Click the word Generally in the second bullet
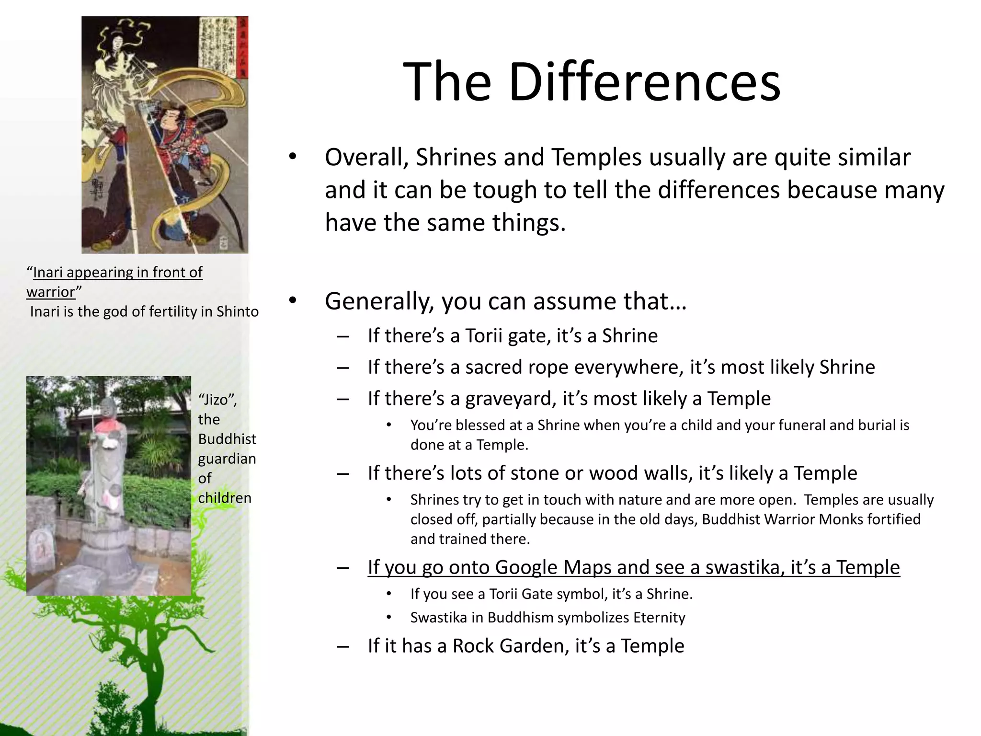(x=379, y=301)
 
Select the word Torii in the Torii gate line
(x=484, y=336)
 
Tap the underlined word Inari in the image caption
(x=47, y=272)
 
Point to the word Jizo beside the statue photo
(x=216, y=400)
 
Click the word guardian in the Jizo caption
(x=227, y=459)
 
